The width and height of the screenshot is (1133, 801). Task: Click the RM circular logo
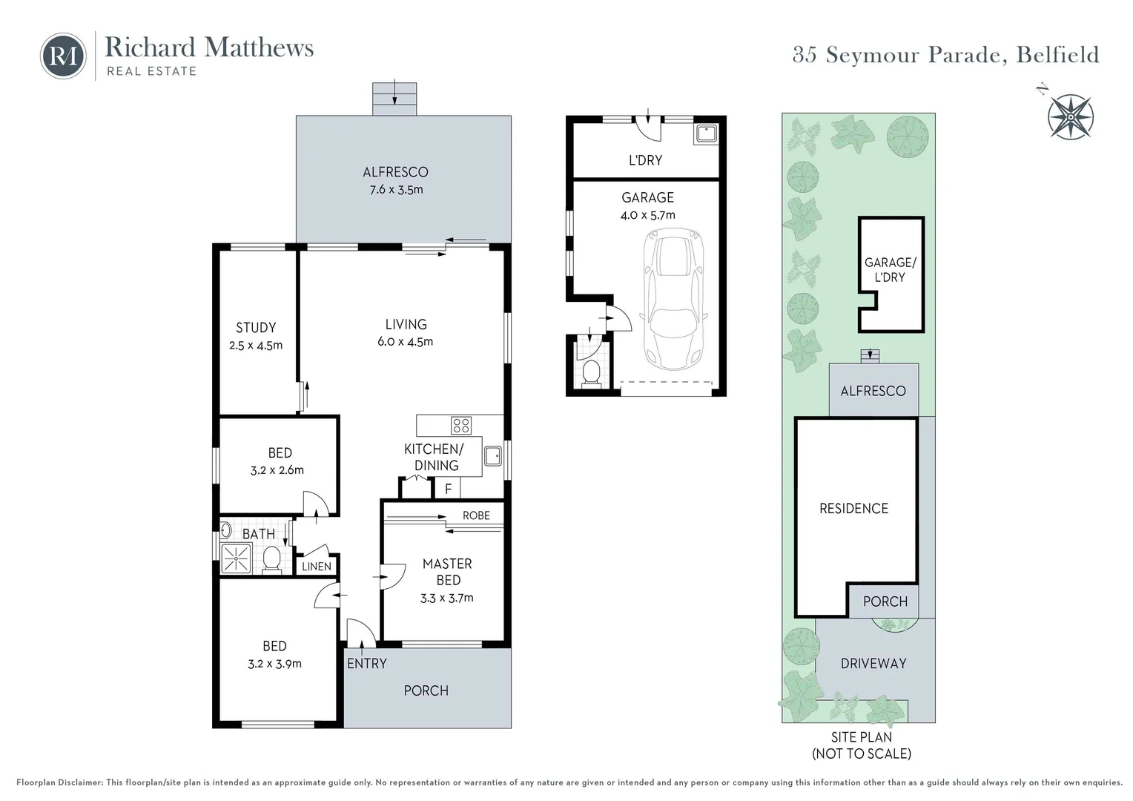(x=63, y=56)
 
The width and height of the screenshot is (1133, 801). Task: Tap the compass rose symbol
(x=1071, y=117)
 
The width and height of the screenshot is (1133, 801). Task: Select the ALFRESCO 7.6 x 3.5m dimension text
(x=396, y=190)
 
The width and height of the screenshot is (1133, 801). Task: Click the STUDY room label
(x=256, y=327)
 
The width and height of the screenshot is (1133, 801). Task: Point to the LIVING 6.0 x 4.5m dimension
(x=405, y=342)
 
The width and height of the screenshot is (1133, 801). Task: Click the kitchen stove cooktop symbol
(x=460, y=425)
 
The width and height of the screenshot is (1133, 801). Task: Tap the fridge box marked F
(x=448, y=489)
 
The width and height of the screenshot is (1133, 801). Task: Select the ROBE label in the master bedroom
(x=477, y=515)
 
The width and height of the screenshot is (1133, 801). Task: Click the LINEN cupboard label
(x=317, y=567)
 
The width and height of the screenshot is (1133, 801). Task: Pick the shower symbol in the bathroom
(x=236, y=558)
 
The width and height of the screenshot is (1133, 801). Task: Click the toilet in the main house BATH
(x=272, y=560)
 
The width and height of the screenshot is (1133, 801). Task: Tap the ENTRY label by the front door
(x=367, y=663)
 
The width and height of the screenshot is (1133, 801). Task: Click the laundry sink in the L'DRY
(x=706, y=134)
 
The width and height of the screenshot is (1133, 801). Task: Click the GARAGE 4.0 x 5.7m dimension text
(x=648, y=215)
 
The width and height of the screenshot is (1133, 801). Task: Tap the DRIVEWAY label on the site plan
(x=873, y=663)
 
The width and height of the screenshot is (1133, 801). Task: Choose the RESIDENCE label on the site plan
(x=853, y=509)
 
